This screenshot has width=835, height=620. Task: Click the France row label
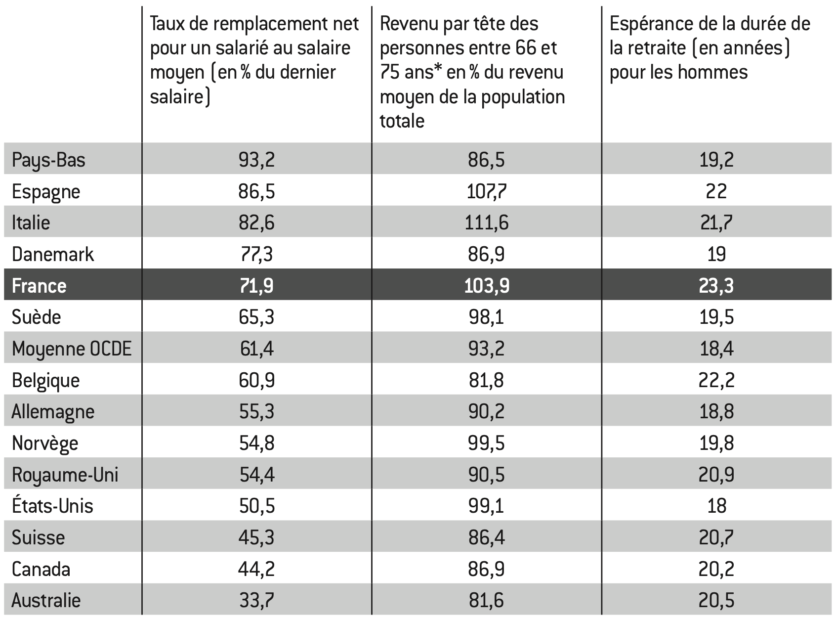click(39, 286)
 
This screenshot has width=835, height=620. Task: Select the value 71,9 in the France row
click(256, 286)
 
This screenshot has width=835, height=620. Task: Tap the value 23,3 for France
click(716, 286)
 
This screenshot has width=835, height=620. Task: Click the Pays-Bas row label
click(48, 160)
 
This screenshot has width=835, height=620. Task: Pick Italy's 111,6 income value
click(486, 222)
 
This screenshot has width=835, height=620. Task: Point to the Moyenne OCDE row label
click(72, 349)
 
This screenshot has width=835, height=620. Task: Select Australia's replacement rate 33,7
click(256, 600)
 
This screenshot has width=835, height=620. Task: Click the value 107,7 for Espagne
click(486, 191)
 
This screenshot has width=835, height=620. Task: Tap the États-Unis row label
click(52, 506)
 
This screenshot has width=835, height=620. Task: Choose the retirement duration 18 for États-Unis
click(716, 506)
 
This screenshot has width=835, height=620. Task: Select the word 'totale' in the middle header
click(402, 121)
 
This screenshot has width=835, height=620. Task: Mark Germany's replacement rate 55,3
click(256, 411)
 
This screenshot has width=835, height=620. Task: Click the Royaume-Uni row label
click(65, 475)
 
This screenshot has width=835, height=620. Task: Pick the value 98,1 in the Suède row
click(486, 317)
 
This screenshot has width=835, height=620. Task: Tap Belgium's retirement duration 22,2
click(716, 380)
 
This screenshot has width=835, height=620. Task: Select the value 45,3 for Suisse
click(256, 537)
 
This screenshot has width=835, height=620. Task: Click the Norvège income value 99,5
click(486, 443)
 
